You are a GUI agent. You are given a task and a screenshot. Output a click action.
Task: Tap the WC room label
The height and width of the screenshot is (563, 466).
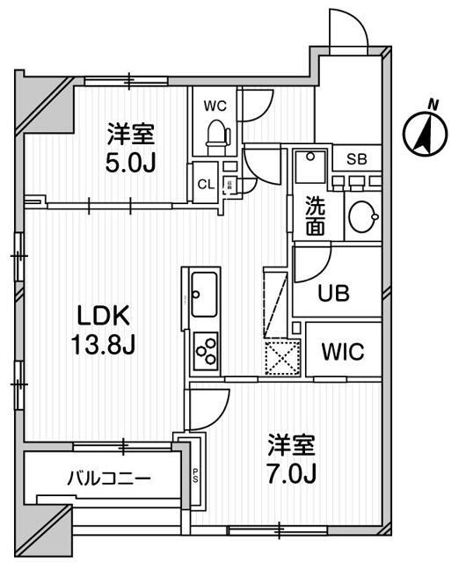[x=215, y=106]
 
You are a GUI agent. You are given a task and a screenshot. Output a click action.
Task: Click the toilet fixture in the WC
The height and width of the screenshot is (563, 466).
[x=215, y=134]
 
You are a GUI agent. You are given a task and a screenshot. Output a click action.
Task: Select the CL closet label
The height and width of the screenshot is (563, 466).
[x=204, y=184]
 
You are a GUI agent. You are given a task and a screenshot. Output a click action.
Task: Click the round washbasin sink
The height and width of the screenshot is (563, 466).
[x=361, y=216]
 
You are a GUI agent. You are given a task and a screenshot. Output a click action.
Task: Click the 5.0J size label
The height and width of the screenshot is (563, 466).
[x=132, y=163]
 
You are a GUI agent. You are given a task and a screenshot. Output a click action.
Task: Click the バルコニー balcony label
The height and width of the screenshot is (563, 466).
[x=109, y=479]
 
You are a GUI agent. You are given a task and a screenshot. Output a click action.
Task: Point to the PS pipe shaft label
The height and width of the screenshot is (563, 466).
[x=194, y=476]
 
